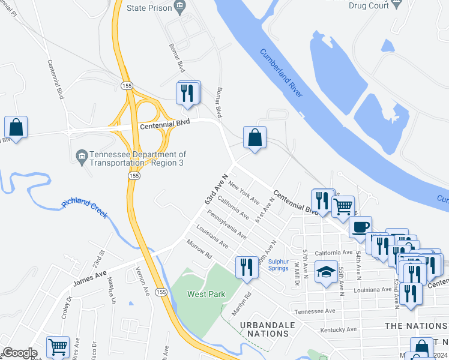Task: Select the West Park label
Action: pos(201,294)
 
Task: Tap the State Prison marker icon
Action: pos(179,7)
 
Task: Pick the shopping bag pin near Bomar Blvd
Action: pos(255,137)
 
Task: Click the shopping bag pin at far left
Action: pos(16,127)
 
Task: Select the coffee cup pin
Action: pos(360,227)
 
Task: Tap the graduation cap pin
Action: pos(325,273)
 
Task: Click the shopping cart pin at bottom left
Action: pos(57,346)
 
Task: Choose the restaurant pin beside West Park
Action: pos(246,267)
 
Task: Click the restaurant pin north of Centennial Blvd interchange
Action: pos(188,93)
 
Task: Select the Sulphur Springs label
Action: pos(279,265)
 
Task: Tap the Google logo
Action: pos(19,353)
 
